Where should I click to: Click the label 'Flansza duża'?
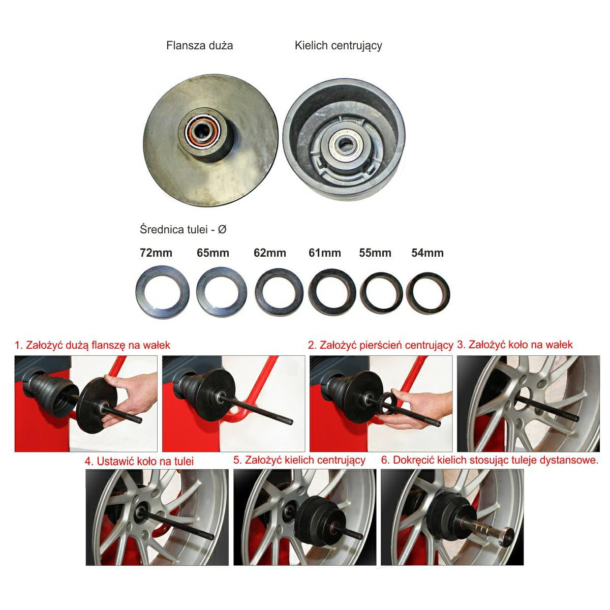pyautogui.click(x=199, y=46)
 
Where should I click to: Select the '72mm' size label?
pyautogui.click(x=156, y=253)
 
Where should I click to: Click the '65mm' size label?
pyautogui.click(x=212, y=253)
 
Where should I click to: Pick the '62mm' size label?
pyautogui.click(x=270, y=253)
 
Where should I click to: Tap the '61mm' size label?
pyautogui.click(x=325, y=253)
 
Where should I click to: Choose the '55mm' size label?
pyautogui.click(x=375, y=253)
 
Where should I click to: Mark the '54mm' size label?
pyautogui.click(x=428, y=253)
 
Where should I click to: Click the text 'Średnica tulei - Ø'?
pyautogui.click(x=183, y=229)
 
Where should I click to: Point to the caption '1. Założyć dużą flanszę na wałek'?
pyautogui.click(x=93, y=345)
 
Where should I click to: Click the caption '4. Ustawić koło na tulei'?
pyautogui.click(x=139, y=461)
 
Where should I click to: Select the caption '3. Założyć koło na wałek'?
pyautogui.click(x=515, y=345)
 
